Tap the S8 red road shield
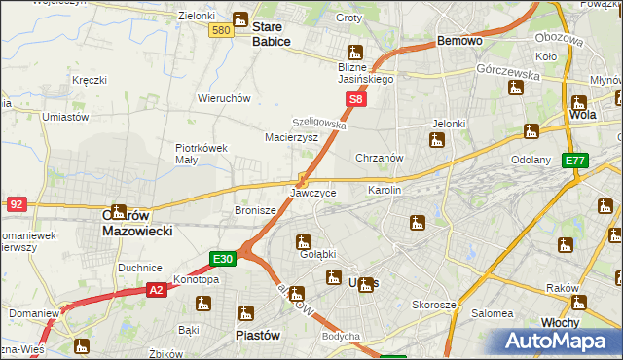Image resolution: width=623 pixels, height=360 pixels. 357,99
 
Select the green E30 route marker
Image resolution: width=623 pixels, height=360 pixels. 223,259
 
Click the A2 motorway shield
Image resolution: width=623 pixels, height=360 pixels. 157,289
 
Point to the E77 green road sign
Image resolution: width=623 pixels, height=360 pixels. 575,161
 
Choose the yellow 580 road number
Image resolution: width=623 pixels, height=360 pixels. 221,30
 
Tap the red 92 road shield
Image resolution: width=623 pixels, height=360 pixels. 17,203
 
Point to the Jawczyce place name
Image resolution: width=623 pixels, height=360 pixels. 313,193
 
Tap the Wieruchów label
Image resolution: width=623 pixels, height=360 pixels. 225,98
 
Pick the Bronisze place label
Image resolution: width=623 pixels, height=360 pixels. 255,209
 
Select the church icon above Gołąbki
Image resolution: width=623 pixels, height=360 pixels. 304,241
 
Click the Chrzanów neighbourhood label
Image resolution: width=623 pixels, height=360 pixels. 380,158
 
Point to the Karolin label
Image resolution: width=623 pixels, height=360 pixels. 384,190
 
